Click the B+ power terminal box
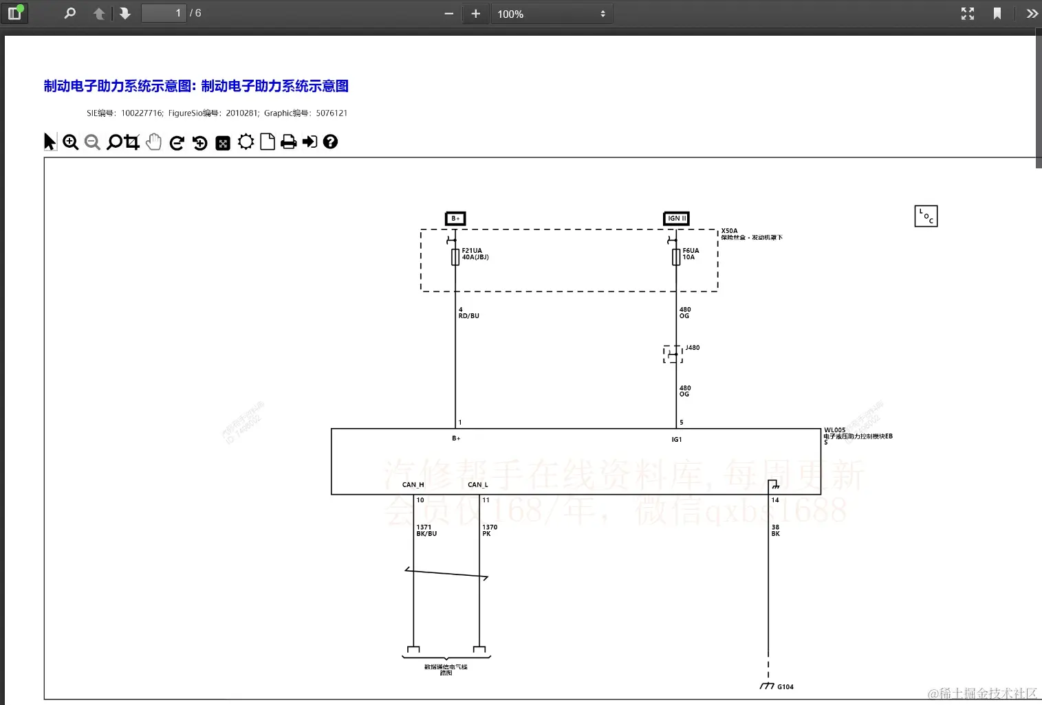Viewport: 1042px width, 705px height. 455,219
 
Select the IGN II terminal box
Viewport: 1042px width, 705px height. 676,219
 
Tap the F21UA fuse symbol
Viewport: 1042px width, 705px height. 455,257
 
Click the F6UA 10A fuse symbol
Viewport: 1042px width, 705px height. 676,257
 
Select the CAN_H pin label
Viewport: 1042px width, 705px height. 413,484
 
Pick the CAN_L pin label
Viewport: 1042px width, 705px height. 478,484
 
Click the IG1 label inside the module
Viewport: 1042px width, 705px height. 677,440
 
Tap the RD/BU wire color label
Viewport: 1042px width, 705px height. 469,316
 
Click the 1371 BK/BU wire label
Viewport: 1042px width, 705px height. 426,530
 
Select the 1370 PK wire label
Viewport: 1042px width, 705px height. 490,530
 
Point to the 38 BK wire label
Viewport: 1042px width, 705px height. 776,530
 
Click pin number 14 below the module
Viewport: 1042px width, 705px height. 775,500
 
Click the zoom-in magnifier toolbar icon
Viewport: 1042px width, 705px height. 70,142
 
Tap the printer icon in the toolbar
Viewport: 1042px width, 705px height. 289,142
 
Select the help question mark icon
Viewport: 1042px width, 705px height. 331,142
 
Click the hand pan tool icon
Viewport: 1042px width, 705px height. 154,142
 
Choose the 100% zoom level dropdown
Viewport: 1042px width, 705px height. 551,14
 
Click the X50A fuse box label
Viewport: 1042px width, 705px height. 729,231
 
